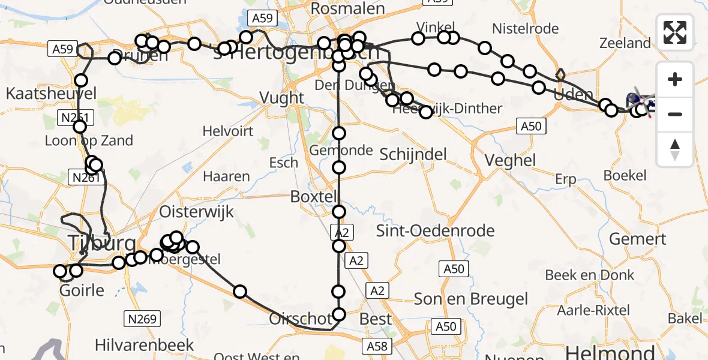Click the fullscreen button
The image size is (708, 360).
[675, 32]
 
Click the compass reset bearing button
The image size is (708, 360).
[675, 149]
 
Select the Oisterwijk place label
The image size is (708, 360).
[196, 212]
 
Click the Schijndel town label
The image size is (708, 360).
[413, 154]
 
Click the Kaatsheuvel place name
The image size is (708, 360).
[43, 94]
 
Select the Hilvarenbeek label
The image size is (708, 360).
[145, 345]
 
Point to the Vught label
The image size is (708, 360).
[282, 97]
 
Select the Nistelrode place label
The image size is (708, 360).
[525, 28]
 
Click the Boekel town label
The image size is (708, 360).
[625, 175]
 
